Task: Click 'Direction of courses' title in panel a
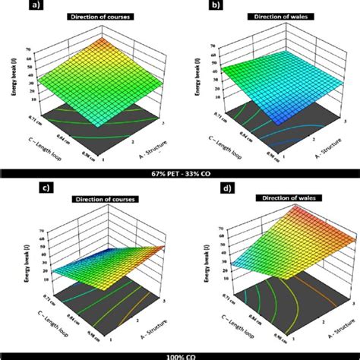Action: click(x=96, y=17)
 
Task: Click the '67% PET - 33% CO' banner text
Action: click(x=180, y=175)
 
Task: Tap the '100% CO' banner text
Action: click(x=180, y=355)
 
